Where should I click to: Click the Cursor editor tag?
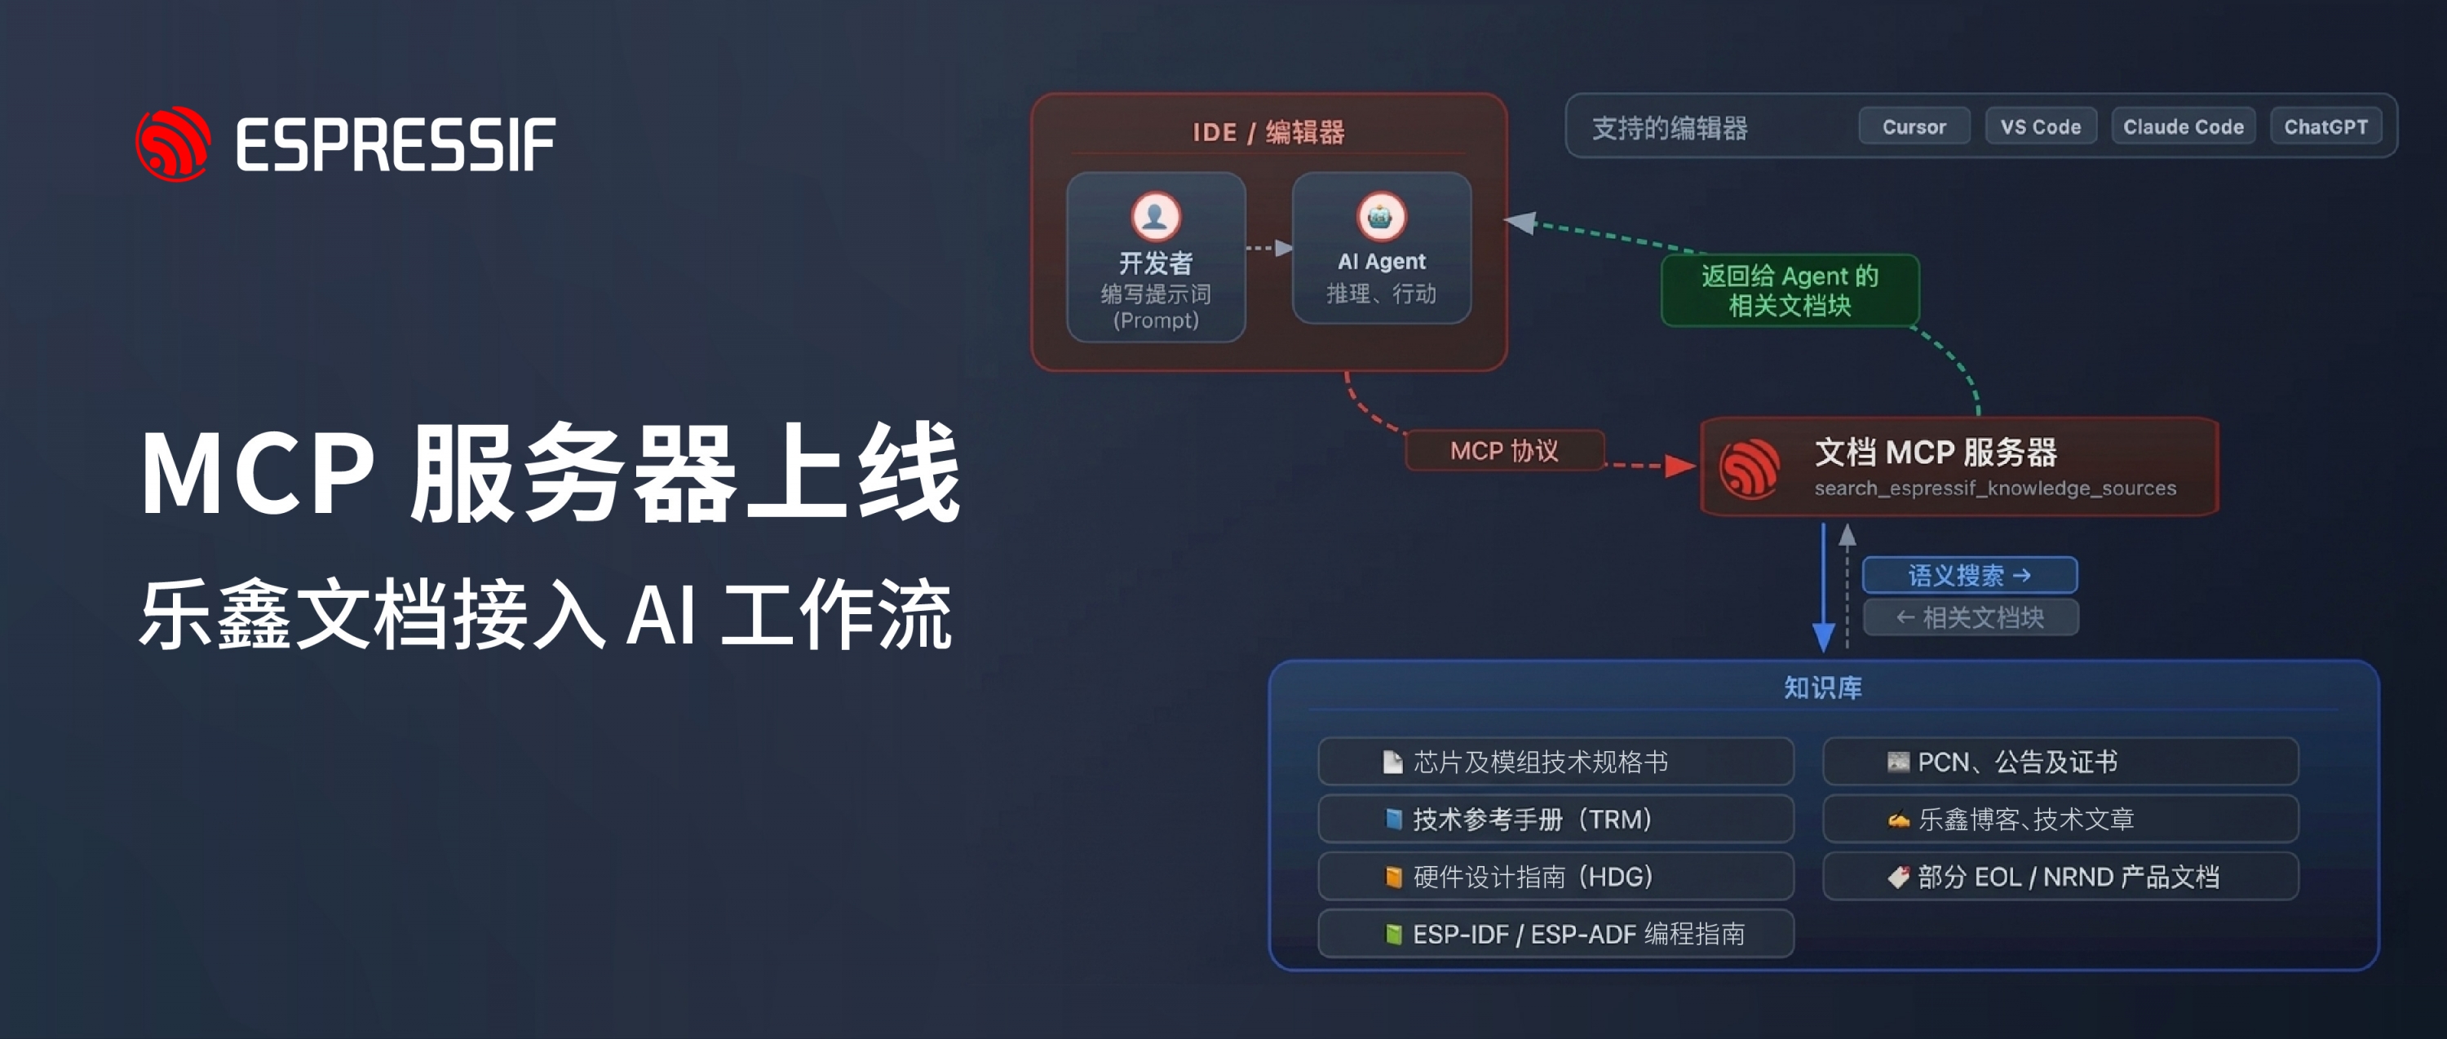pyautogui.click(x=1914, y=126)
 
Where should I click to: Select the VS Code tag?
pyautogui.click(x=2041, y=126)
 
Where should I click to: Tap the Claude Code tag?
pyautogui.click(x=2183, y=126)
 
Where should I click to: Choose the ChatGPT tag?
pyautogui.click(x=2325, y=126)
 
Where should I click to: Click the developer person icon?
pyautogui.click(x=1155, y=217)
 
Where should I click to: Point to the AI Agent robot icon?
pyautogui.click(x=1380, y=217)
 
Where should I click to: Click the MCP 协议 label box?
pyautogui.click(x=1505, y=450)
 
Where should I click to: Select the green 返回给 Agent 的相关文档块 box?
pyautogui.click(x=1790, y=290)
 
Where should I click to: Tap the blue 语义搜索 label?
pyautogui.click(x=1969, y=575)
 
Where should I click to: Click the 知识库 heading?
pyautogui.click(x=1822, y=687)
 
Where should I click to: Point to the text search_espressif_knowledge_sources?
pyautogui.click(x=1995, y=489)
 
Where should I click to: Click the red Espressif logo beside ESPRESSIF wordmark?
pyautogui.click(x=173, y=144)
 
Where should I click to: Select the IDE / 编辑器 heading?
pyautogui.click(x=1268, y=132)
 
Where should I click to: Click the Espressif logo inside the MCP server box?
pyautogui.click(x=1750, y=467)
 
